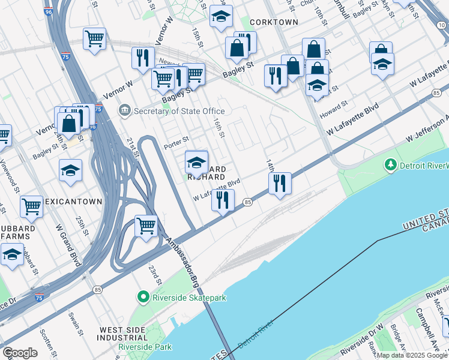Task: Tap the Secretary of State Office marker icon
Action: (x=125, y=110)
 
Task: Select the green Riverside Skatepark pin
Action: (x=143, y=297)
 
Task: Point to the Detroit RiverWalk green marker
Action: (x=391, y=164)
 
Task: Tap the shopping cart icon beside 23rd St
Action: (x=146, y=226)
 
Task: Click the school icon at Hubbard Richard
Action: (x=196, y=161)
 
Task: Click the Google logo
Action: (x=20, y=353)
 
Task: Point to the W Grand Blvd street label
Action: (x=68, y=245)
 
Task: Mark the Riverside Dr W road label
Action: (x=361, y=343)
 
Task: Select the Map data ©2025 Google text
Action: (x=412, y=355)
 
